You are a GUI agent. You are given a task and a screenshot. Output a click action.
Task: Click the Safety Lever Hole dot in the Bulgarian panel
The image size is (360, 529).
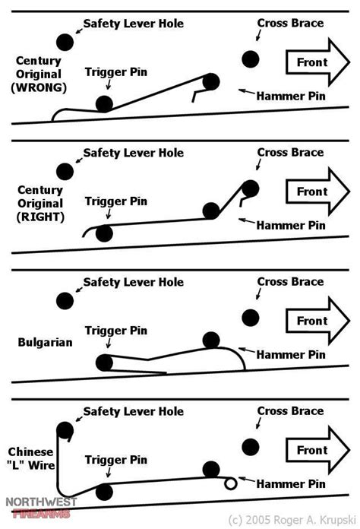click(65, 300)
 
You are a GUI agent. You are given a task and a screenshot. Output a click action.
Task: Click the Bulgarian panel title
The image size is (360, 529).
click(44, 342)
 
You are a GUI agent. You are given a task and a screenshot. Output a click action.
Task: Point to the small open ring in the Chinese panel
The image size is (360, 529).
click(229, 483)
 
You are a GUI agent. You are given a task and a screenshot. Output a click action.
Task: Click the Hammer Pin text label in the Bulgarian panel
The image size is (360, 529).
click(292, 354)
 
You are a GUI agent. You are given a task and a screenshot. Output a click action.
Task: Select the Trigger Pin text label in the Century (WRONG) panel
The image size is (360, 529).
click(115, 73)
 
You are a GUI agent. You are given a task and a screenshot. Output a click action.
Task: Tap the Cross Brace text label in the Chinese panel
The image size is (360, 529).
click(290, 411)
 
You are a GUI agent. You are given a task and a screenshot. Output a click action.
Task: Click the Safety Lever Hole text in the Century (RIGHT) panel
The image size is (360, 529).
click(133, 153)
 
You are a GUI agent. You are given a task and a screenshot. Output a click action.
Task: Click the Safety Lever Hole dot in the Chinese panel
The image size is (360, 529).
click(65, 429)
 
